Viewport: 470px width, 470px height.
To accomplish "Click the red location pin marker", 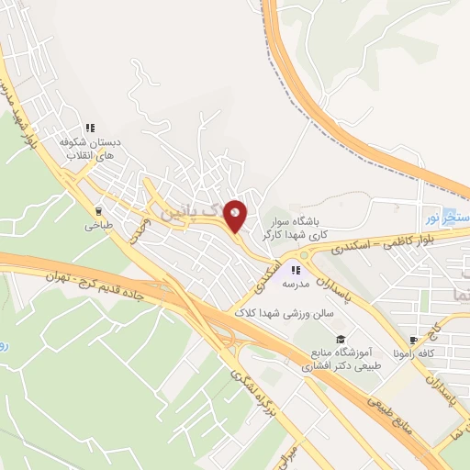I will coord(235,216).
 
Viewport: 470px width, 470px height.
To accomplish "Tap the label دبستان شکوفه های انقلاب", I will coord(89,149).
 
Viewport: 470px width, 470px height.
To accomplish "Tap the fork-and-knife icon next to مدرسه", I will coord(296,270).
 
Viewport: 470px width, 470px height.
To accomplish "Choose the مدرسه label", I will coord(296,285).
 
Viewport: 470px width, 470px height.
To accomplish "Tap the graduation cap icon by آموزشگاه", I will coord(341,340).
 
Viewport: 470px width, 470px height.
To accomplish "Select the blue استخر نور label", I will coord(447,217).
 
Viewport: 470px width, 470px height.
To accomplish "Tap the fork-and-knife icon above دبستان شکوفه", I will coord(89,128).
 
